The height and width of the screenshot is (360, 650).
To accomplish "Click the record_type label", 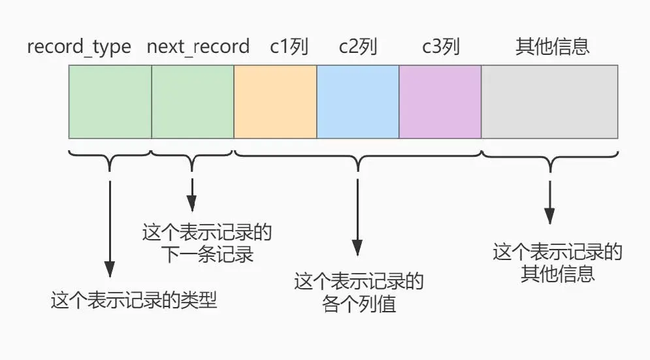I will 79,47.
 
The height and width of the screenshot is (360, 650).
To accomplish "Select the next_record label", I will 198,47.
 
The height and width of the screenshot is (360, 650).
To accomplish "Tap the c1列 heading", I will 289,47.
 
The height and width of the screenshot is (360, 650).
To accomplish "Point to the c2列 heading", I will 358,47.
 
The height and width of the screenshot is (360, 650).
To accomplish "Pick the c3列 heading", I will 440,47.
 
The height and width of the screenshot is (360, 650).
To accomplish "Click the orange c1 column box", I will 275,101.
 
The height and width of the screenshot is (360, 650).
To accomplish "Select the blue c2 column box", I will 358,101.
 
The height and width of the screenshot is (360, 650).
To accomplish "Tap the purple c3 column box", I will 440,101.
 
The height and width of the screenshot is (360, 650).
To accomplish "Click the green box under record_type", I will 110,101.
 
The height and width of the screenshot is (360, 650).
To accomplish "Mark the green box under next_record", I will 193,101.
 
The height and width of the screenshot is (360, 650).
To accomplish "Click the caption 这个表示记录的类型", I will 134,301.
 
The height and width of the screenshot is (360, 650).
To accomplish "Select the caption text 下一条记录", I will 206,254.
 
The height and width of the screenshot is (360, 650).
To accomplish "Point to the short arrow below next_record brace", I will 192,194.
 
